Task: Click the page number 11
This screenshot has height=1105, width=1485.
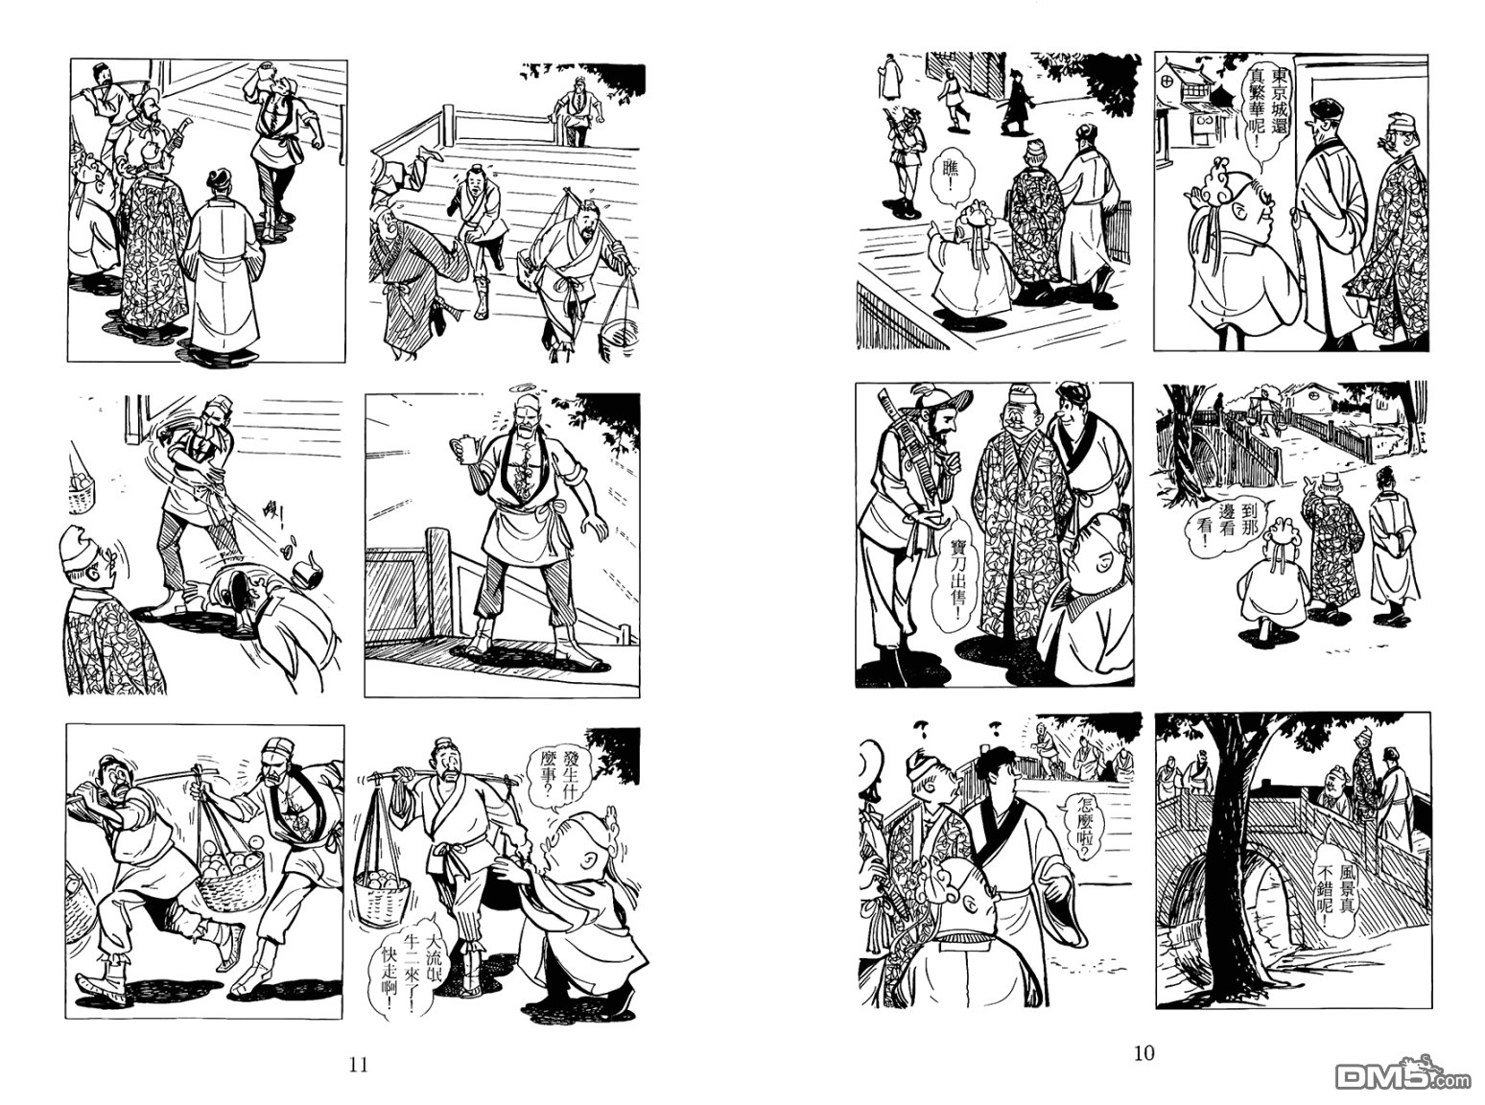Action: click(359, 1064)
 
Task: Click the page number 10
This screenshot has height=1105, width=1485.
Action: click(1144, 1053)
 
